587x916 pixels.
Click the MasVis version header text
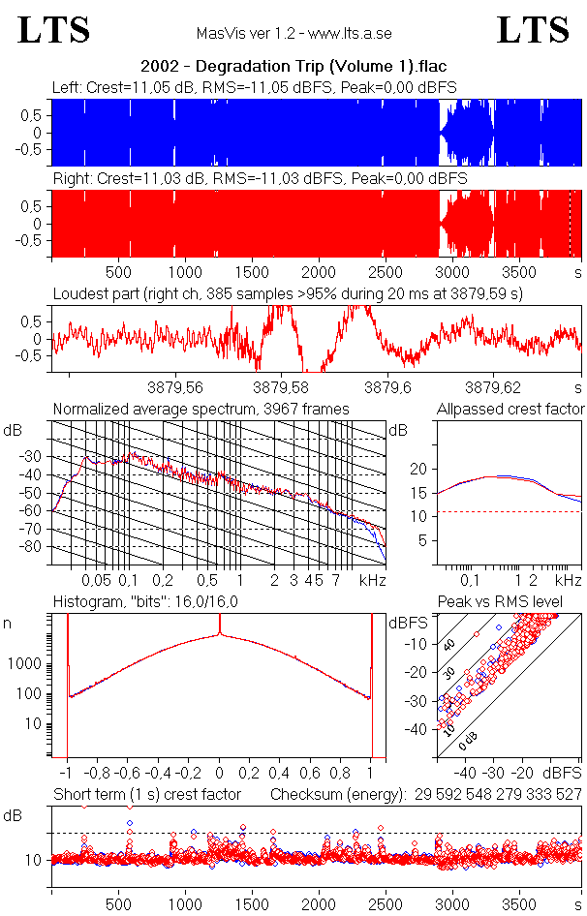pyautogui.click(x=294, y=33)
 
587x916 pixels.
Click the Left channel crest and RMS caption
pyautogui.click(x=255, y=88)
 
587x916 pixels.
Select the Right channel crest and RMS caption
pyautogui.click(x=260, y=179)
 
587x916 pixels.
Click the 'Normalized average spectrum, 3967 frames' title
pyautogui.click(x=201, y=410)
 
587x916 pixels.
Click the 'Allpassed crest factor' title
pyautogui.click(x=510, y=410)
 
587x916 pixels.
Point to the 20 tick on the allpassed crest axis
pyautogui.click(x=419, y=469)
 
